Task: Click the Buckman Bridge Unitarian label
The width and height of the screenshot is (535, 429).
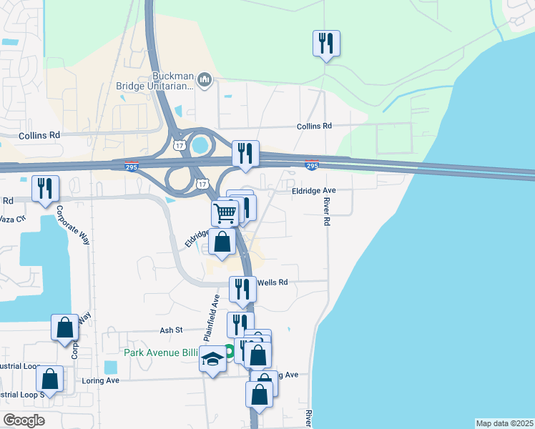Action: tap(155, 81)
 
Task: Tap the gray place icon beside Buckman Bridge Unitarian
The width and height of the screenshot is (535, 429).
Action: tap(204, 79)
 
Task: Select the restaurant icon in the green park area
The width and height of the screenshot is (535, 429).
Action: tap(326, 44)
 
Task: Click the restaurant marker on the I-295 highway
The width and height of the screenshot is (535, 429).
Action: tap(245, 153)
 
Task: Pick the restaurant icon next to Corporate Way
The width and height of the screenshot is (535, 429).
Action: tap(46, 189)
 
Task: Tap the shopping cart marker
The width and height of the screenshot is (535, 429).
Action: tap(225, 212)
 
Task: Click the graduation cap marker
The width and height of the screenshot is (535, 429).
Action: tap(213, 359)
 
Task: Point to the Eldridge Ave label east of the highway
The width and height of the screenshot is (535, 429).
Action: tap(313, 191)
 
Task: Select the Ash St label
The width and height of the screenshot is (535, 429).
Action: tap(172, 330)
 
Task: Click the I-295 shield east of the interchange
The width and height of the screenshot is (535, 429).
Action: tap(311, 165)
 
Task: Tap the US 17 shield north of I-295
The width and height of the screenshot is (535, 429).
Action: tap(179, 145)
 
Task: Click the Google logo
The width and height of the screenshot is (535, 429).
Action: tap(24, 420)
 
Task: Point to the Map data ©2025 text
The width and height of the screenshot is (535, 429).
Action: tap(504, 423)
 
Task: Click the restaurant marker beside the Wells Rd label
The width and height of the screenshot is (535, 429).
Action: tap(242, 289)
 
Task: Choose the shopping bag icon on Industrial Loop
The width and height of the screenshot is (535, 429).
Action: tap(49, 379)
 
